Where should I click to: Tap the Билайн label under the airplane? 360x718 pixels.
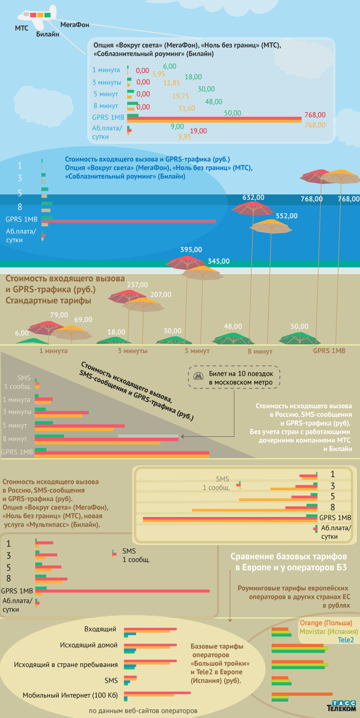click(x=47, y=34)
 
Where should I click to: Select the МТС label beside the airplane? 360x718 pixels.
click(x=21, y=29)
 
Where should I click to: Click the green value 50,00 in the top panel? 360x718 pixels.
click(x=232, y=113)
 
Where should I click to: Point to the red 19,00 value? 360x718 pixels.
click(x=198, y=131)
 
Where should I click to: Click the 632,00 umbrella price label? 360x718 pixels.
click(x=253, y=197)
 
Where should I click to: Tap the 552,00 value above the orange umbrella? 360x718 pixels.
click(x=286, y=216)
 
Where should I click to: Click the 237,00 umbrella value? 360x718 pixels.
click(x=137, y=285)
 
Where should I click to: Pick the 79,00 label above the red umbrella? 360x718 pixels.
click(x=59, y=315)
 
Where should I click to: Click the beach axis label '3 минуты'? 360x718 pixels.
click(x=133, y=351)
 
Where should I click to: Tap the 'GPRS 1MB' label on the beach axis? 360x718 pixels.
click(x=329, y=351)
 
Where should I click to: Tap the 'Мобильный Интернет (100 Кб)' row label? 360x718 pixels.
click(x=70, y=695)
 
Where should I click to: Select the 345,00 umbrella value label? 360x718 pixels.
click(x=219, y=261)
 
